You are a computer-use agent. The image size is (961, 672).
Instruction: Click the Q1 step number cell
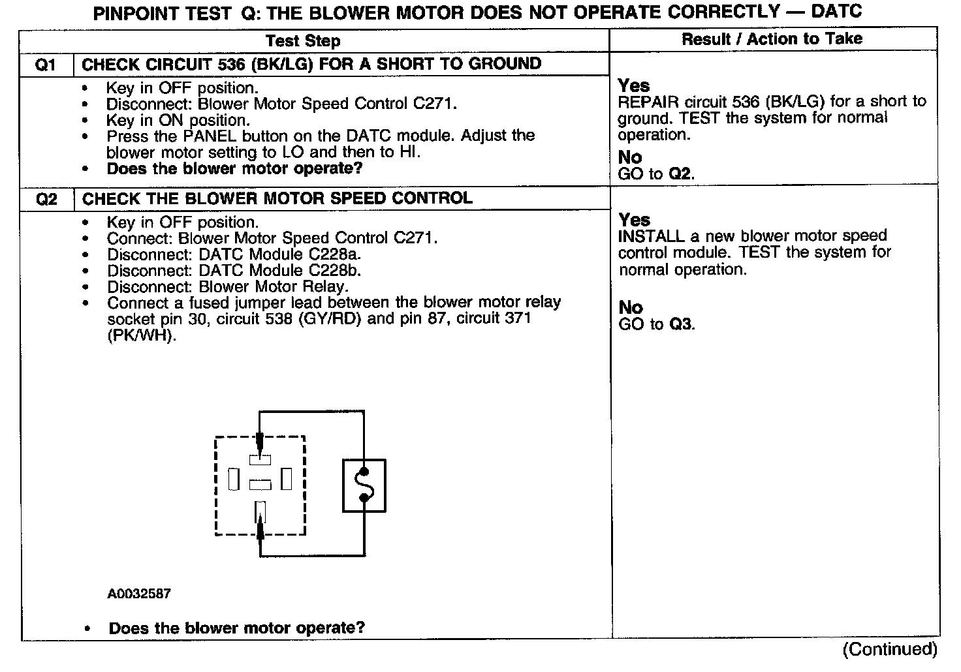[46, 65]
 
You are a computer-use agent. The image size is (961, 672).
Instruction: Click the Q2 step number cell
[46, 199]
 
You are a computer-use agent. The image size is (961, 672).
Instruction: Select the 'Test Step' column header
[303, 41]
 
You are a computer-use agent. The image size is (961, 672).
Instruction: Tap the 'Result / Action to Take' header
[772, 39]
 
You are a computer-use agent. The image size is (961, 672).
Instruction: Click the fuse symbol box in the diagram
[364, 485]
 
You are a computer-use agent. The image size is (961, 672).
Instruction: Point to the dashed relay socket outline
[216, 485]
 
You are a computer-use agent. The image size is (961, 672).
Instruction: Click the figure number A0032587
[139, 594]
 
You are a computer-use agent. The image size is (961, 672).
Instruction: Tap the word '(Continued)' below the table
[890, 649]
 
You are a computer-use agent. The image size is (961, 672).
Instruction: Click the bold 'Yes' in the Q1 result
[633, 85]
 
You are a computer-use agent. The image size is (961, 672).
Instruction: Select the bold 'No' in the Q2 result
[630, 307]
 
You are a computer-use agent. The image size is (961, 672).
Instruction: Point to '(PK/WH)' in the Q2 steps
[141, 335]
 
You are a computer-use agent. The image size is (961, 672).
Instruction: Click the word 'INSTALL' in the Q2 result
[650, 236]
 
